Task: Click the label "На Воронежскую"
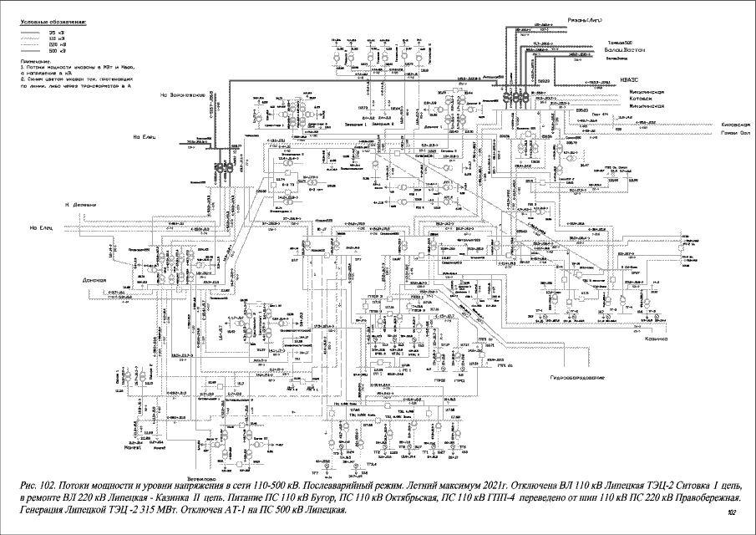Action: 183,95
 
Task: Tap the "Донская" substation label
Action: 97,280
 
